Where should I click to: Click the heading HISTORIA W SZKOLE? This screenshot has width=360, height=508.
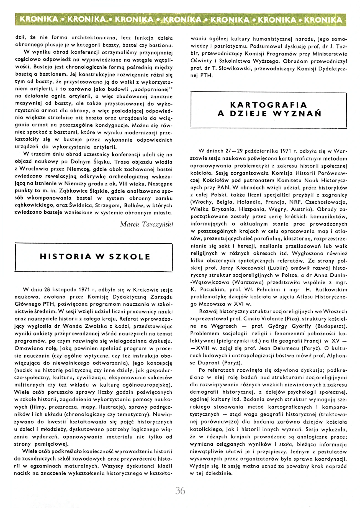coord(95,257)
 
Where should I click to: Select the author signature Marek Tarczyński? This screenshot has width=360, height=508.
coord(146,224)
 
